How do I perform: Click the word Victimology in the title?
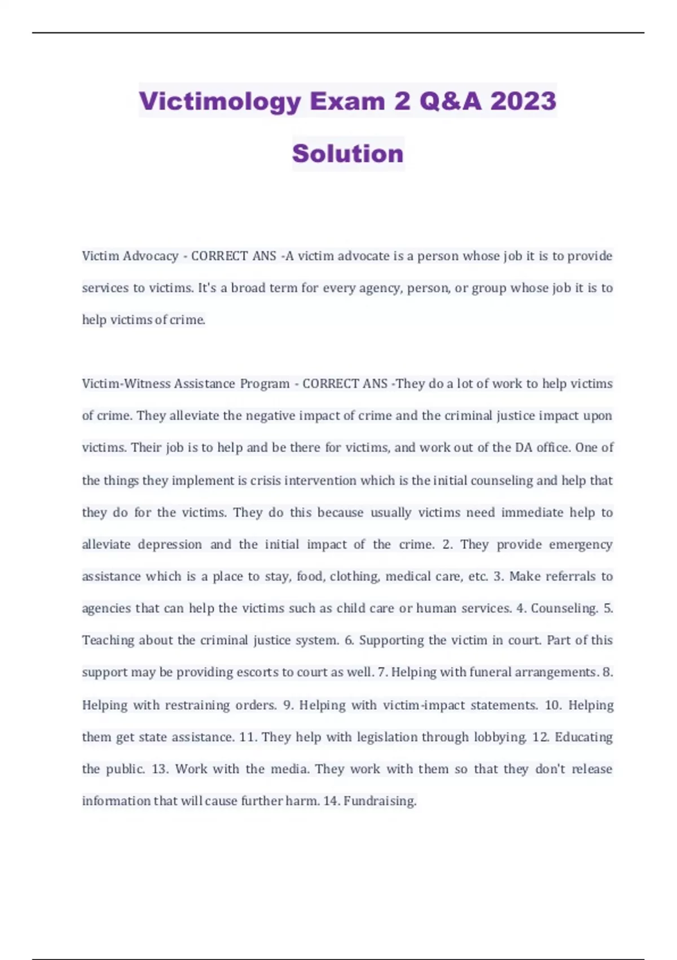(220, 102)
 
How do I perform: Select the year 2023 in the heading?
(523, 102)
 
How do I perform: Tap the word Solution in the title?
(348, 154)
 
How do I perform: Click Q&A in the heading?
(450, 102)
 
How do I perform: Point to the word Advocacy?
(150, 256)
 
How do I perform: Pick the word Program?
(265, 384)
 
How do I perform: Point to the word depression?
(170, 545)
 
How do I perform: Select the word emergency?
(581, 545)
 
